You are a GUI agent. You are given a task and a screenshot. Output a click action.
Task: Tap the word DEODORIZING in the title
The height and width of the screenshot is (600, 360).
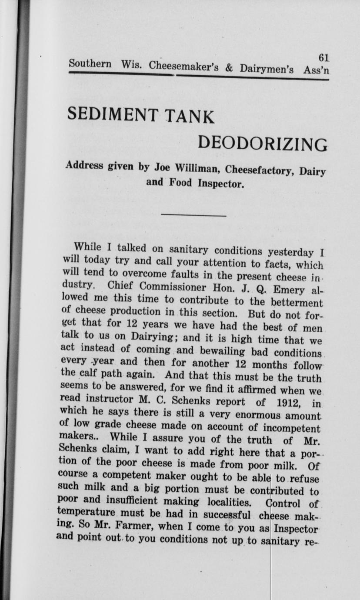pos(263,144)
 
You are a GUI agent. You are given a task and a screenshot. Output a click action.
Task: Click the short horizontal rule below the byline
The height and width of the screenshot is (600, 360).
pos(193,216)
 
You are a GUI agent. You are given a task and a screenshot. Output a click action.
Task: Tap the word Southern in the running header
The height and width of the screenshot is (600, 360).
pos(90,63)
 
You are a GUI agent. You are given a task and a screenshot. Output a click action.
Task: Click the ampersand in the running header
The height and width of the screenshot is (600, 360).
pos(229,68)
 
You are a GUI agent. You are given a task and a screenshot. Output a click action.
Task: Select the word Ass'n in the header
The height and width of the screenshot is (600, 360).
pos(316,70)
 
